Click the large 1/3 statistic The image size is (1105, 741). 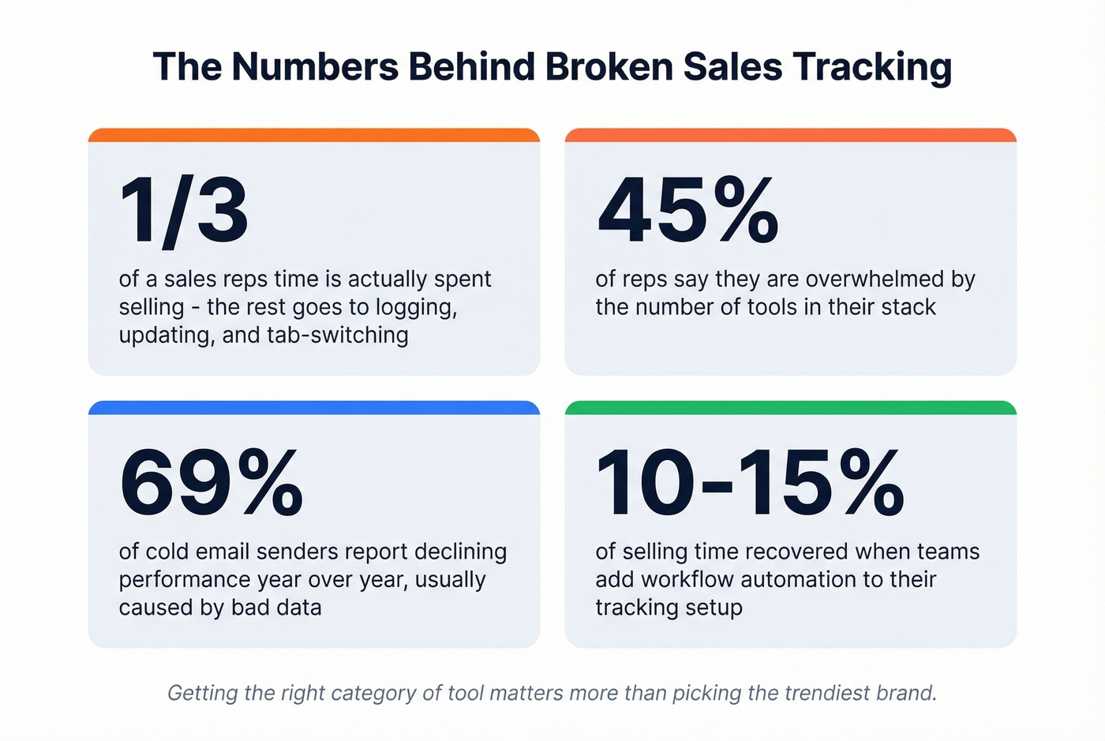point(184,211)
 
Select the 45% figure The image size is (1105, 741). point(687,211)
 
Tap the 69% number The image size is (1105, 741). point(211,483)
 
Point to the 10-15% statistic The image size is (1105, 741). point(750,483)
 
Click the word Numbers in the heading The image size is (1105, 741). point(315,67)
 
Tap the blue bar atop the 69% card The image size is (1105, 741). point(314,408)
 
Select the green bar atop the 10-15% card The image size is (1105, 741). point(790,408)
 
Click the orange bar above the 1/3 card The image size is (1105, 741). point(314,136)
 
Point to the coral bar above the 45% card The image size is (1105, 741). point(790,136)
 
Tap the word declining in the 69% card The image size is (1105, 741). point(461,552)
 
